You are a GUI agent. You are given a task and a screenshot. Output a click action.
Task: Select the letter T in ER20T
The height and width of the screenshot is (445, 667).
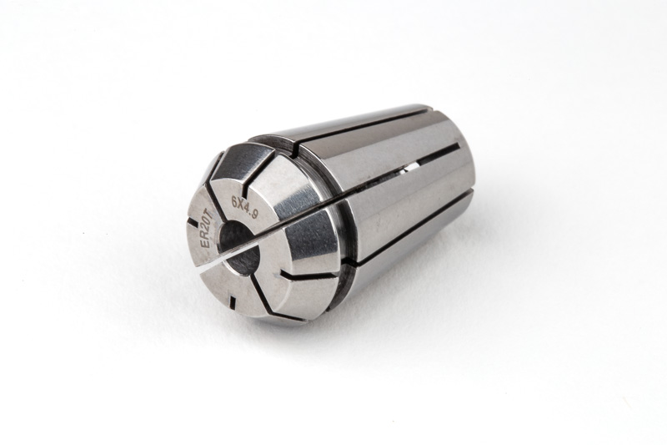[212, 218]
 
